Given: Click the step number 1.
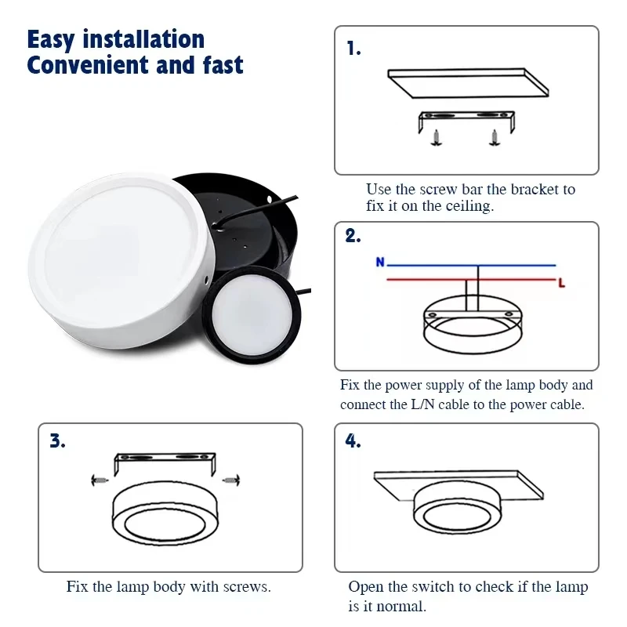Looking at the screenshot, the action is tap(353, 49).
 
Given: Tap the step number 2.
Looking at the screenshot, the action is tap(353, 236).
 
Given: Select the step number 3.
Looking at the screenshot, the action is tap(57, 440).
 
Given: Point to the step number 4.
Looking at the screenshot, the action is tap(353, 440).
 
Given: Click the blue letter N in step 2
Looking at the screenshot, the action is tap(380, 263).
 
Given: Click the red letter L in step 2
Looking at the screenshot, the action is tap(562, 284).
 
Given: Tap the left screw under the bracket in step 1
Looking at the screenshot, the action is tap(436, 138).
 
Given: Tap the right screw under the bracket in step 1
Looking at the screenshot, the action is tap(495, 138).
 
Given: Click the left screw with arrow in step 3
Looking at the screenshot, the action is tap(100, 480).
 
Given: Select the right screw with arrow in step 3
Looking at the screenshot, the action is tap(231, 480).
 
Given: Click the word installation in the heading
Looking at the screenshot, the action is tap(143, 40).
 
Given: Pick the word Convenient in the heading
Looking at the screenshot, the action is tap(88, 65).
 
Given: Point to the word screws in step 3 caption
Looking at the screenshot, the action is tap(247, 587).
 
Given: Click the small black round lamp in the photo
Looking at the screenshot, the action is tap(252, 315).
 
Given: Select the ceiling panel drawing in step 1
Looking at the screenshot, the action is tap(468, 83).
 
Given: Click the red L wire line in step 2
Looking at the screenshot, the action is tap(471, 280).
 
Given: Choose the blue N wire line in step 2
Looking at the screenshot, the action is tap(471, 265).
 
